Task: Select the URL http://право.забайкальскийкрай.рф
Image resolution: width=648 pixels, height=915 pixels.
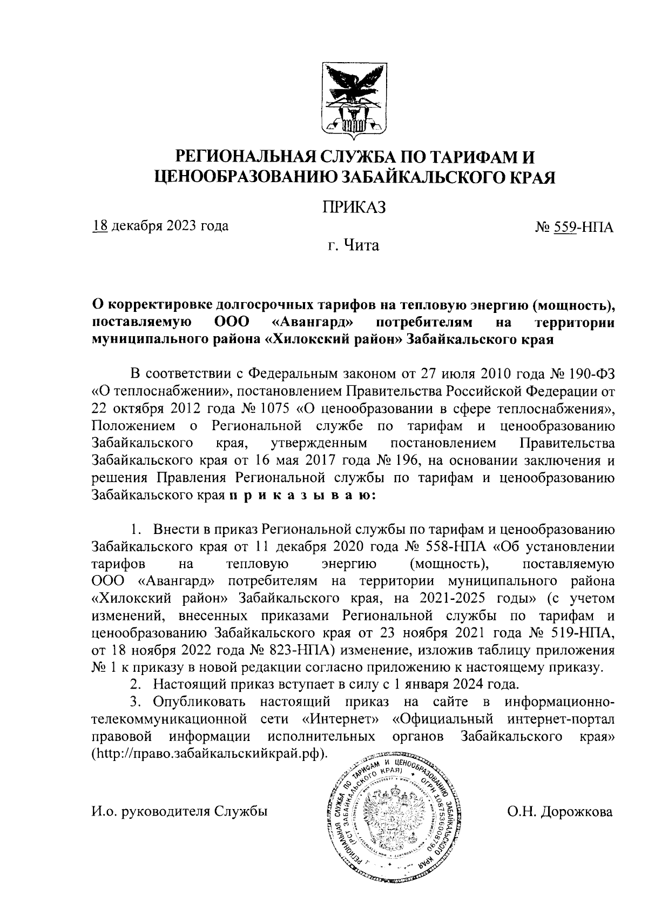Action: [209, 753]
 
